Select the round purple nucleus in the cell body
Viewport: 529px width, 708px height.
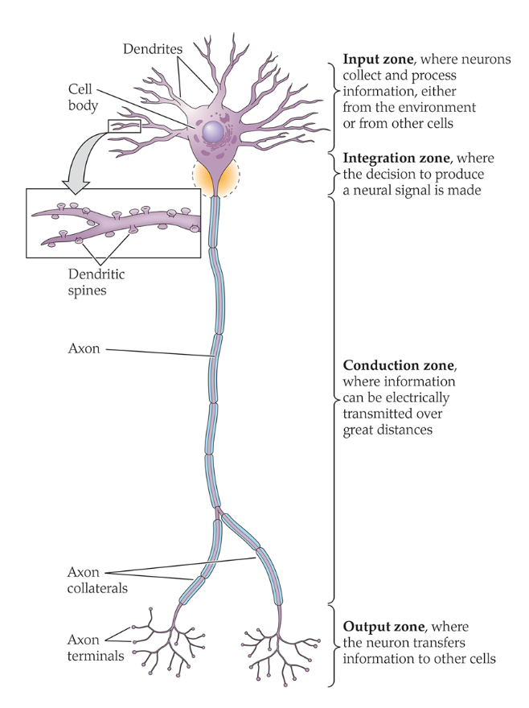(214, 132)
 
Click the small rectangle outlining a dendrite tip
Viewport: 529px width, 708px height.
(124, 126)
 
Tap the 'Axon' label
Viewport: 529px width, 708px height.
(84, 349)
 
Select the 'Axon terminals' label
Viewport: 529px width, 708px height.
(95, 648)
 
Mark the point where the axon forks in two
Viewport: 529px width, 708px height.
(217, 512)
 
